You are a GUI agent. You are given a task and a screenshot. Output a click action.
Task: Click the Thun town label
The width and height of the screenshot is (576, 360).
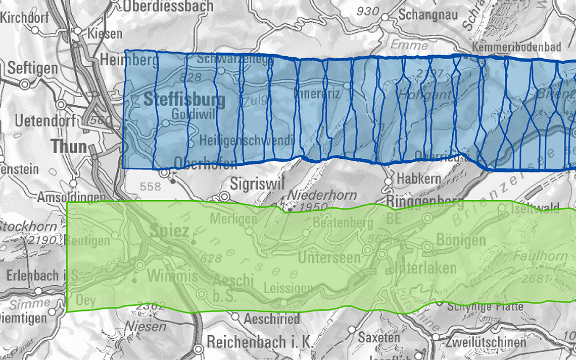pos(69,147)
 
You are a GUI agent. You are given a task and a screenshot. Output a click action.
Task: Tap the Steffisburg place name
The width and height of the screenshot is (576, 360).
pos(184,100)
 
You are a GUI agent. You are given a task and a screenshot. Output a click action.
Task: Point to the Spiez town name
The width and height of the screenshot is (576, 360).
pos(170,232)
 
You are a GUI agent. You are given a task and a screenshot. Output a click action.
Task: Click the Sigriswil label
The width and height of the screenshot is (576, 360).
pos(255,184)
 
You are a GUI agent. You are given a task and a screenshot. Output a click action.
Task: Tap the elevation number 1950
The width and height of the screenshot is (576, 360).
pos(314,208)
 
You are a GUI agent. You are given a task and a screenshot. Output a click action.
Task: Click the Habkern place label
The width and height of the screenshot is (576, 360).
pos(418,178)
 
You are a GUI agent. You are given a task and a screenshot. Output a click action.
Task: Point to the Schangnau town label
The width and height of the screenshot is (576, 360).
pos(428,14)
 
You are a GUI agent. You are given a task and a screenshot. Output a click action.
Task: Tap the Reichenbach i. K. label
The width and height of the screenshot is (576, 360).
pos(259,342)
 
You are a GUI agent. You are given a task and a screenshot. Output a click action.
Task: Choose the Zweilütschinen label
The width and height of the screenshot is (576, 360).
pos(486,342)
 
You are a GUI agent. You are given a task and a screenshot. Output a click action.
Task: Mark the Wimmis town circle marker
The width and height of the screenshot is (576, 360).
pos(140,265)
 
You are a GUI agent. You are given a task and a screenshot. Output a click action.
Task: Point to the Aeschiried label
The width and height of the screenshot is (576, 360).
pos(272,319)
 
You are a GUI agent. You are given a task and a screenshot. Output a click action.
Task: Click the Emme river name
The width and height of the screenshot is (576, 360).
pos(409,46)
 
